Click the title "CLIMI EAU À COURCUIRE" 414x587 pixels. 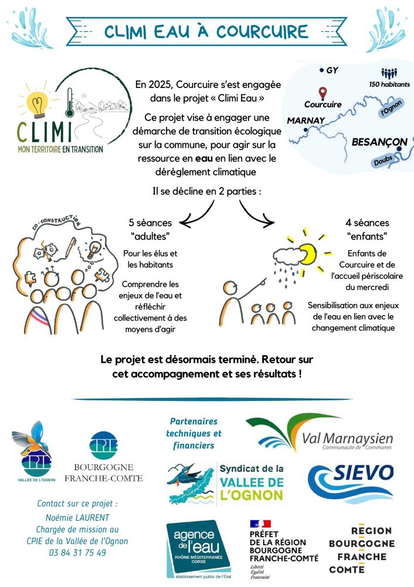point(206,31)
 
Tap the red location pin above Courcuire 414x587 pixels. point(322,93)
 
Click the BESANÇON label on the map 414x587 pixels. point(379,142)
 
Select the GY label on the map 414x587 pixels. point(332,70)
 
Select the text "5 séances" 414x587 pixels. point(150,223)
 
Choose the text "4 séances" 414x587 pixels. point(367,223)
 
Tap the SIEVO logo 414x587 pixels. point(351,482)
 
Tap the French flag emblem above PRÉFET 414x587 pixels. point(260,524)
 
